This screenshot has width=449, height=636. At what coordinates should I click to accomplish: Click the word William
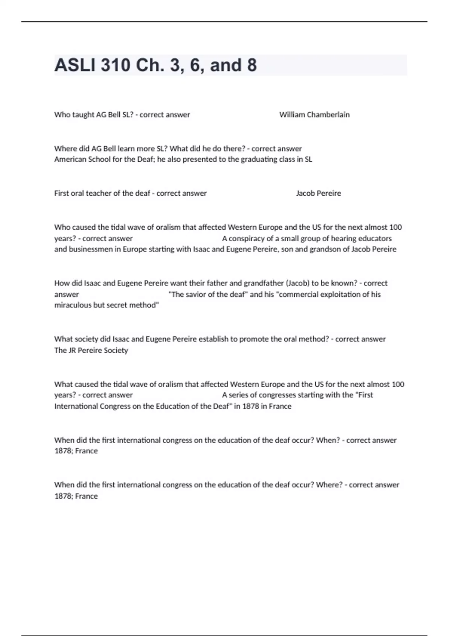point(292,115)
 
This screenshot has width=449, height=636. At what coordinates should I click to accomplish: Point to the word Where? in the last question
point(329,485)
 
